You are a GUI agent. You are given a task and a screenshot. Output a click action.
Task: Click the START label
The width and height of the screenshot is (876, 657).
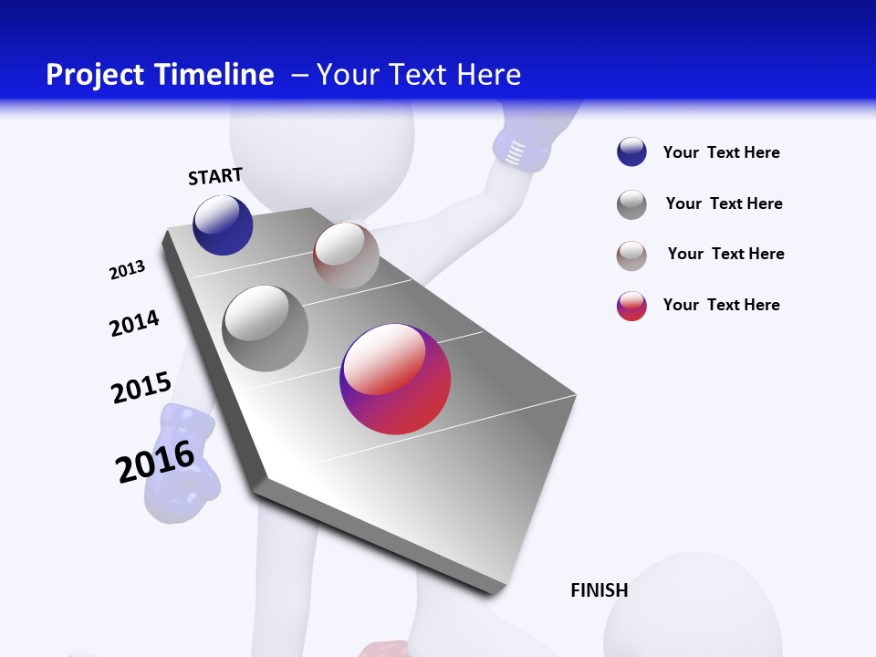pyautogui.click(x=215, y=176)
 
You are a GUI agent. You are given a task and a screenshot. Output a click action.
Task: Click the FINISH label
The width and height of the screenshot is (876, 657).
pyautogui.click(x=599, y=590)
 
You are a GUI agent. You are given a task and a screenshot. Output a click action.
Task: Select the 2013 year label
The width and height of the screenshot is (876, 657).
pyautogui.click(x=127, y=269)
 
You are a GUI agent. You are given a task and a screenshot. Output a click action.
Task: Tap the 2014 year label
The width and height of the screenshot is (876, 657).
pyautogui.click(x=134, y=323)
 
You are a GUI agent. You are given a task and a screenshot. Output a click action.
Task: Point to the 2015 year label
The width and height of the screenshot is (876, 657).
pyautogui.click(x=141, y=388)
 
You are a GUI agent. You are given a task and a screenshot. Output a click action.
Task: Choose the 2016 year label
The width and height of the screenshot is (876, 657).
pyautogui.click(x=155, y=461)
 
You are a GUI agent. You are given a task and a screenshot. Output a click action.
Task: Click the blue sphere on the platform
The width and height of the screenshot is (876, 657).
pyautogui.click(x=223, y=225)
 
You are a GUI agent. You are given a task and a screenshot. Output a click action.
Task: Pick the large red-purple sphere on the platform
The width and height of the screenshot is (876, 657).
pyautogui.click(x=395, y=380)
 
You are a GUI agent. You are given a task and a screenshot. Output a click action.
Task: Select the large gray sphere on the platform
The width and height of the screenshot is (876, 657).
pyautogui.click(x=265, y=328)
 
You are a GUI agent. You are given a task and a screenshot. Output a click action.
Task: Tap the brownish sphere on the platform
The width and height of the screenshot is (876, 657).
pyautogui.click(x=346, y=255)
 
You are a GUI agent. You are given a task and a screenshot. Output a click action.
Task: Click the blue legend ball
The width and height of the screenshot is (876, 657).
pyautogui.click(x=631, y=152)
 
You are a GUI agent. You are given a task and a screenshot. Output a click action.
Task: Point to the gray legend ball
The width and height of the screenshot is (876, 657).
pyautogui.click(x=631, y=204)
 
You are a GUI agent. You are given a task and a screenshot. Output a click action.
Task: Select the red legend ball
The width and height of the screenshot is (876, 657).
pyautogui.click(x=631, y=306)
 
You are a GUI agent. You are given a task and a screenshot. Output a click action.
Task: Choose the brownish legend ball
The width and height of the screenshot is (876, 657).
pyautogui.click(x=631, y=255)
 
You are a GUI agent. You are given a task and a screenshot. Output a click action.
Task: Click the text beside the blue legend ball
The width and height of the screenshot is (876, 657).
pyautogui.click(x=721, y=153)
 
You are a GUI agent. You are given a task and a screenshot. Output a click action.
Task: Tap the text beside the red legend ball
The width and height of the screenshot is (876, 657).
pyautogui.click(x=721, y=305)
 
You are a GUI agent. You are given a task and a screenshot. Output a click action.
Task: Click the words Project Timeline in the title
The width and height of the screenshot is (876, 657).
pyautogui.click(x=160, y=75)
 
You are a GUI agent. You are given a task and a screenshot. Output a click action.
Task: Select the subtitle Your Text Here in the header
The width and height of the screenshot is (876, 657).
pyautogui.click(x=419, y=75)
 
